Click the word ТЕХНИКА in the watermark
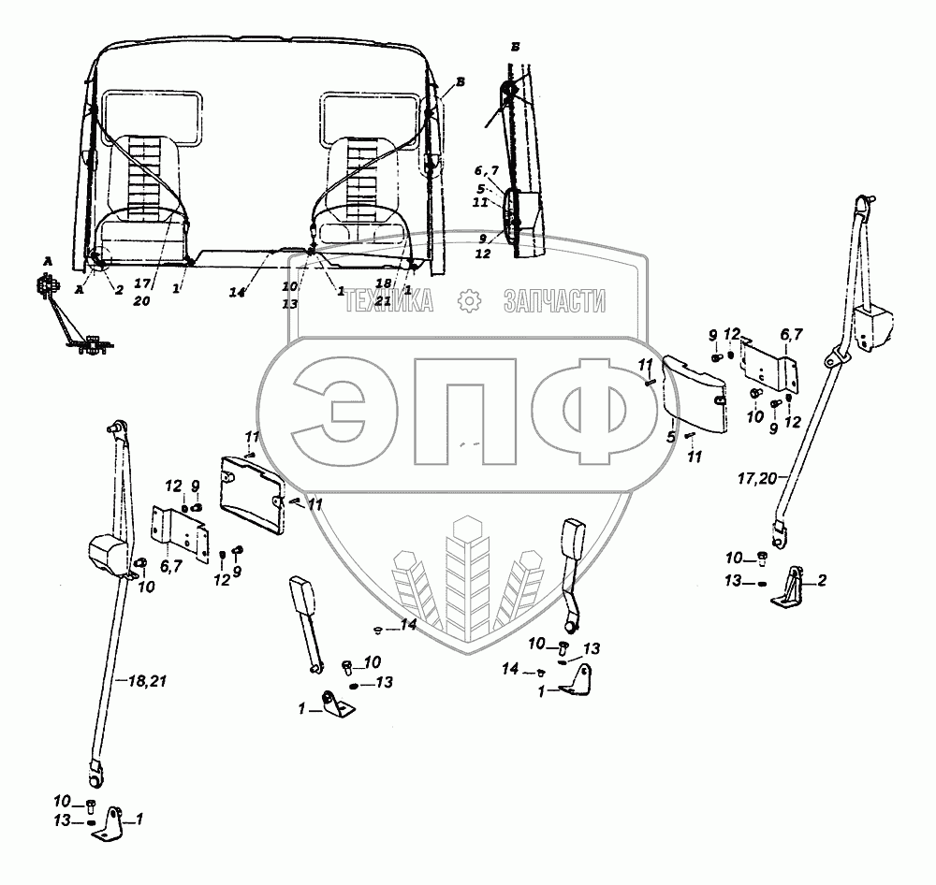click(389, 301)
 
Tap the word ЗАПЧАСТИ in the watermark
click(554, 301)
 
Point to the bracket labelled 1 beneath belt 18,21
click(113, 823)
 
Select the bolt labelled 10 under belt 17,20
click(762, 559)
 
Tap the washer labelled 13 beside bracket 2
click(762, 583)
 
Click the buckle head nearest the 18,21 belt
click(302, 598)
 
